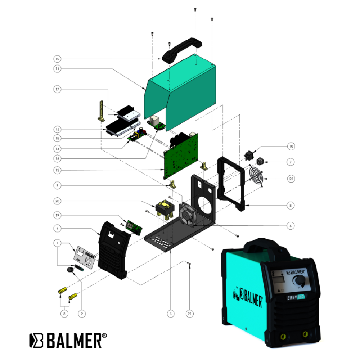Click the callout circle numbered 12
click(58, 59)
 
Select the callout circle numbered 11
click(58, 68)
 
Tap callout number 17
click(58, 89)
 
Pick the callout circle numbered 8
click(291, 206)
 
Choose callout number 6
click(291, 226)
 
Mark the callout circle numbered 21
click(190, 314)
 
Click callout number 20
click(58, 201)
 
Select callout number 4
click(58, 228)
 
